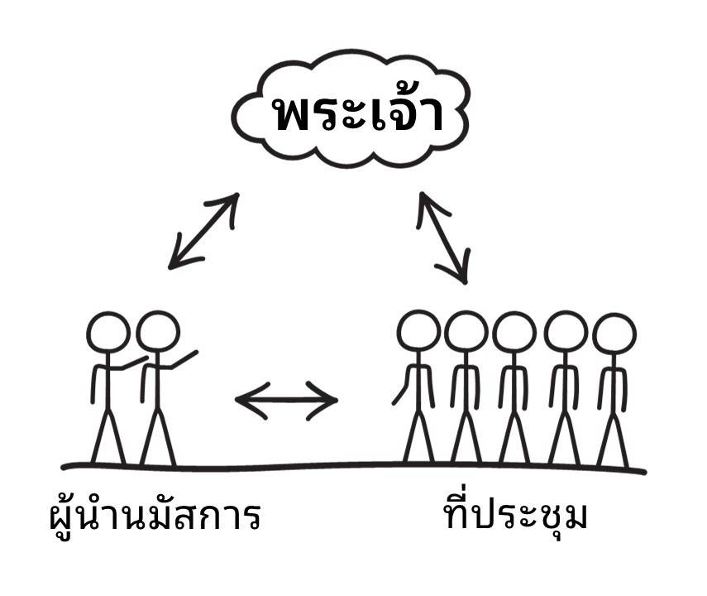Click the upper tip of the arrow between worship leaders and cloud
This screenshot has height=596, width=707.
click(x=237, y=195)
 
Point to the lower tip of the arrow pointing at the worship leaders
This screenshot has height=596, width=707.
click(x=170, y=267)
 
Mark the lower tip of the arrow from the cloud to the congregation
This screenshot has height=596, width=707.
click(x=465, y=282)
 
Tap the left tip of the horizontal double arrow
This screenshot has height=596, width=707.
click(x=236, y=399)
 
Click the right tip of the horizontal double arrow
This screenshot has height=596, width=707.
click(x=337, y=400)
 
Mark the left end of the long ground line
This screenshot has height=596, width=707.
click(x=63, y=467)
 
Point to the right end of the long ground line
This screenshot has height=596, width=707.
click(x=645, y=473)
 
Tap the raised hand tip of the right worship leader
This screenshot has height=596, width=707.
click(x=196, y=352)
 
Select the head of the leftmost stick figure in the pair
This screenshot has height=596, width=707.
click(x=108, y=333)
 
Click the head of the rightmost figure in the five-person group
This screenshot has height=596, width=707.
click(x=614, y=334)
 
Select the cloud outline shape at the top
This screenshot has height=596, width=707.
click(x=351, y=108)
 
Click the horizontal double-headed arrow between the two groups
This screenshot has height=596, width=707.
click(x=286, y=401)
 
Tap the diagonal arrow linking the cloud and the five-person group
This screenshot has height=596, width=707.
click(x=443, y=238)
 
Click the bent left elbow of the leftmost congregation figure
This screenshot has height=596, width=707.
click(x=405, y=387)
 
